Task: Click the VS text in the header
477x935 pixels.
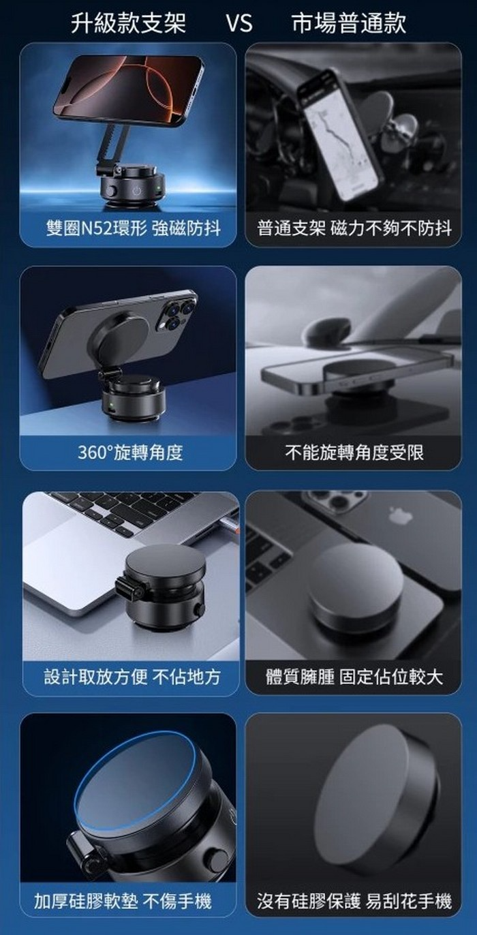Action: click(239, 23)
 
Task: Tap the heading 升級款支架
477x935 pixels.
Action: click(128, 23)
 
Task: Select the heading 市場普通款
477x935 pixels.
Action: click(349, 23)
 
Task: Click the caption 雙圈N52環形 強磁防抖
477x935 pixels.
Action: click(133, 229)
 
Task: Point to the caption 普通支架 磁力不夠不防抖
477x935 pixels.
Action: click(354, 229)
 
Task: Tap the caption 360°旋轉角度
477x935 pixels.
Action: click(130, 453)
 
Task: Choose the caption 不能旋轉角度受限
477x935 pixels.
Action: click(354, 453)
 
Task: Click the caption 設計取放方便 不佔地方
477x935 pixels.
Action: click(132, 676)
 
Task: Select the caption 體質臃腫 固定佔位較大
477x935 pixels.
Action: click(354, 676)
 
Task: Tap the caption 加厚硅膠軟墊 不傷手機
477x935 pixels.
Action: click(123, 901)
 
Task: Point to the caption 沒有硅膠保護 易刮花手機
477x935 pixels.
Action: click(354, 901)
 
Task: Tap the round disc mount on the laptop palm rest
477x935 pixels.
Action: click(355, 584)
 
